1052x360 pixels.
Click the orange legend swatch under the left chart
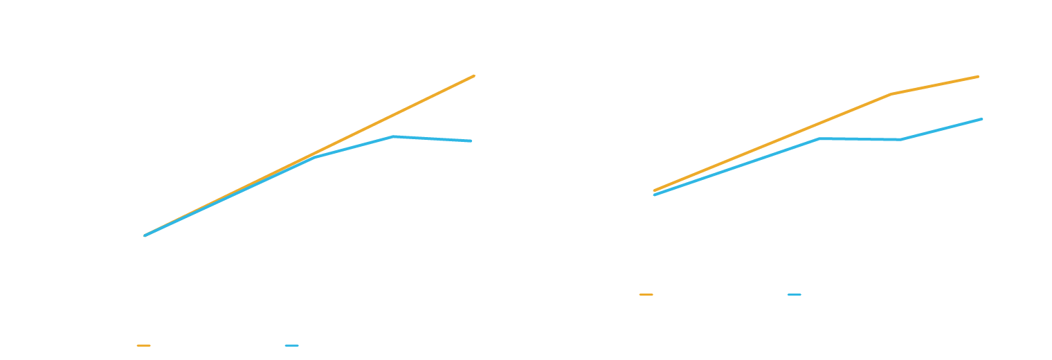tap(143, 345)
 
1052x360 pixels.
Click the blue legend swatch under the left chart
tap(291, 345)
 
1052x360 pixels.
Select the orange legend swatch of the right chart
tap(646, 294)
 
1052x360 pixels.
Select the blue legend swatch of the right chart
tap(794, 294)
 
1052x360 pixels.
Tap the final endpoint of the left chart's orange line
tap(474, 75)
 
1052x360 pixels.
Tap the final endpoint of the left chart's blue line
tap(471, 141)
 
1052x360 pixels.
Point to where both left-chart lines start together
tap(145, 235)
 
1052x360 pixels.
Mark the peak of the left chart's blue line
tap(393, 136)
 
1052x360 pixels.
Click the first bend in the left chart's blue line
tap(315, 157)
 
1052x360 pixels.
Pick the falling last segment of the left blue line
tap(433, 138)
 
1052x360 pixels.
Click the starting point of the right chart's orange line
tap(654, 190)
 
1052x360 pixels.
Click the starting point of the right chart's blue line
tap(654, 195)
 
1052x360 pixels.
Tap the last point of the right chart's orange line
tap(978, 76)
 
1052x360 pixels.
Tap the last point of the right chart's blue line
tap(982, 119)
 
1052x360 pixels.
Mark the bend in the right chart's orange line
tap(891, 93)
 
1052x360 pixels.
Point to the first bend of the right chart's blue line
tap(819, 138)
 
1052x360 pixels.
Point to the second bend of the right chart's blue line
tap(901, 139)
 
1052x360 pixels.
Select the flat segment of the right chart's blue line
tap(860, 138)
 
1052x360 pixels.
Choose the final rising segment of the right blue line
tap(941, 129)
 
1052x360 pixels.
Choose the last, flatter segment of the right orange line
tap(934, 85)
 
